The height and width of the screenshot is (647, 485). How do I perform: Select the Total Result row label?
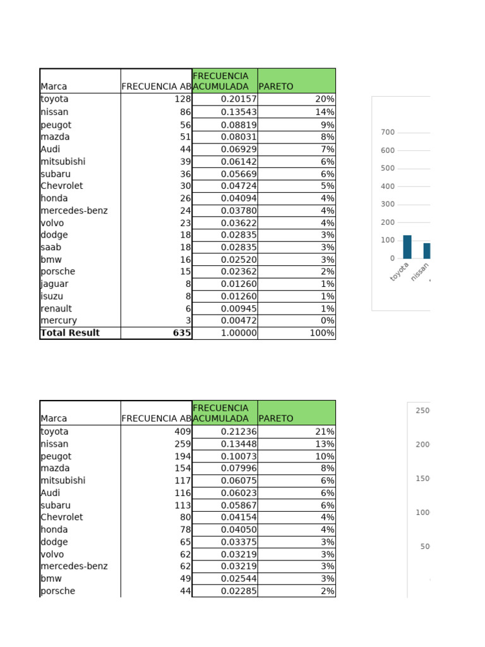(70, 333)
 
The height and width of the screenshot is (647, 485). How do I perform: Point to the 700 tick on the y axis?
(388, 133)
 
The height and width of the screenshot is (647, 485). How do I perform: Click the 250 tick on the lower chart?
(422, 411)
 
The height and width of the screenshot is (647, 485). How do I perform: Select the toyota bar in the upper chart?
(407, 246)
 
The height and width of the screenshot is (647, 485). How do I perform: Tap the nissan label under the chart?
(420, 272)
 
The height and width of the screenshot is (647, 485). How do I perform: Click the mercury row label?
(59, 320)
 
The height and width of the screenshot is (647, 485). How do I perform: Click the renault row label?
(56, 308)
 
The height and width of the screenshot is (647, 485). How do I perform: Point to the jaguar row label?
(54, 284)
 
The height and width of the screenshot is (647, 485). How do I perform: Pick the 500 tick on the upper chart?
(388, 169)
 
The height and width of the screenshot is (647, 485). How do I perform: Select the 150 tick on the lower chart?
(422, 479)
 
